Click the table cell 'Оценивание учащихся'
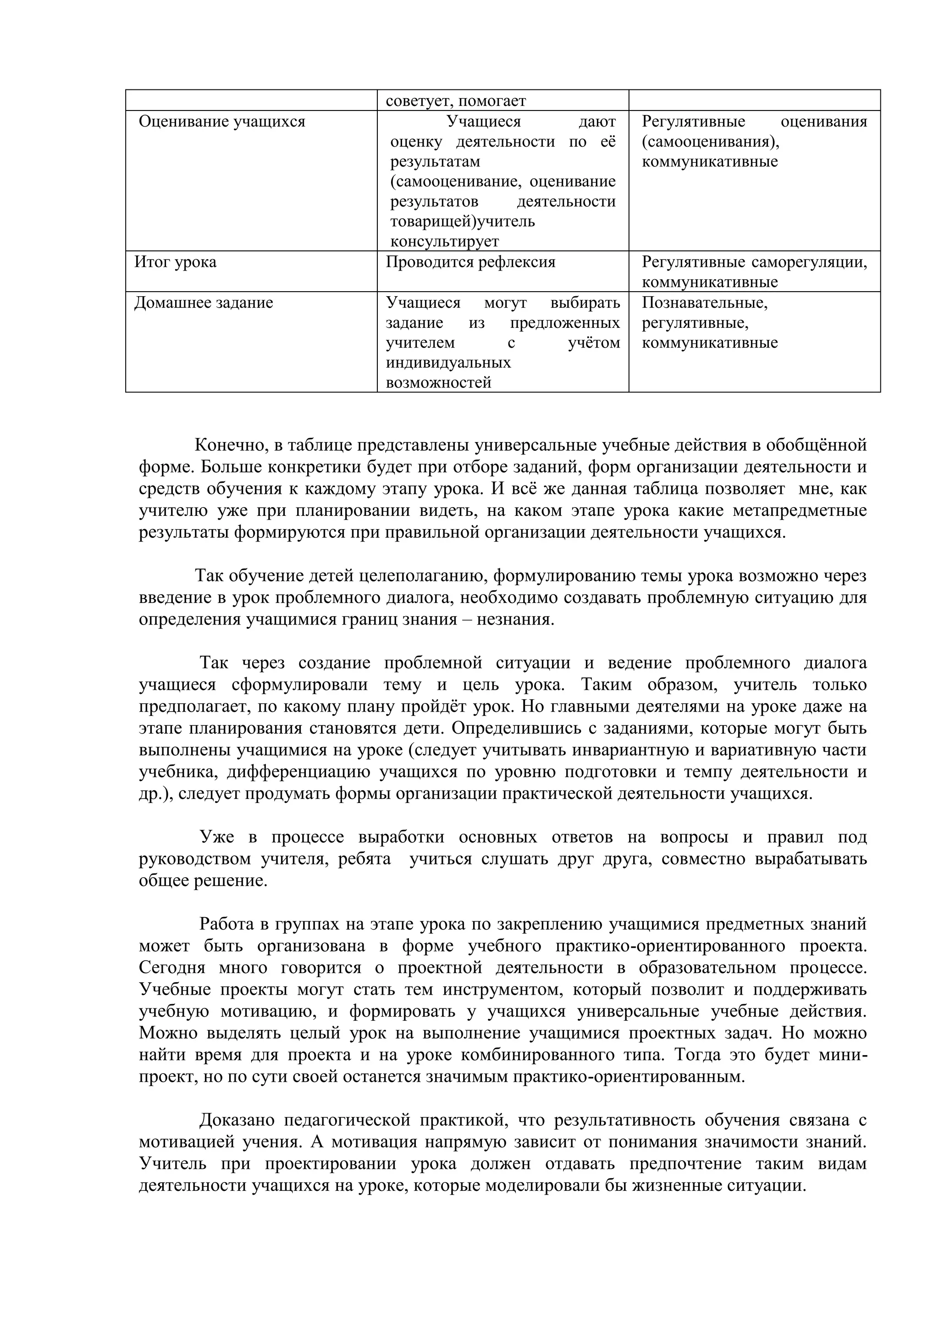pyautogui.click(x=222, y=122)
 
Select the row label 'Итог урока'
pyautogui.click(x=175, y=262)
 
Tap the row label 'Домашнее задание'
pyautogui.click(x=204, y=303)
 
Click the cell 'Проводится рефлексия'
pyautogui.click(x=470, y=262)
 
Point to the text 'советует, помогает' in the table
pyautogui.click(x=456, y=101)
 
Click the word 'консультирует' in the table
pyautogui.click(x=444, y=241)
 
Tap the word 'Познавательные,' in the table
pyautogui.click(x=704, y=303)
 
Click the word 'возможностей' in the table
pyautogui.click(x=438, y=383)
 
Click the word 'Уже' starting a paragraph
pyautogui.click(x=217, y=837)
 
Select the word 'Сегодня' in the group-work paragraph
pyautogui.click(x=172, y=968)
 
